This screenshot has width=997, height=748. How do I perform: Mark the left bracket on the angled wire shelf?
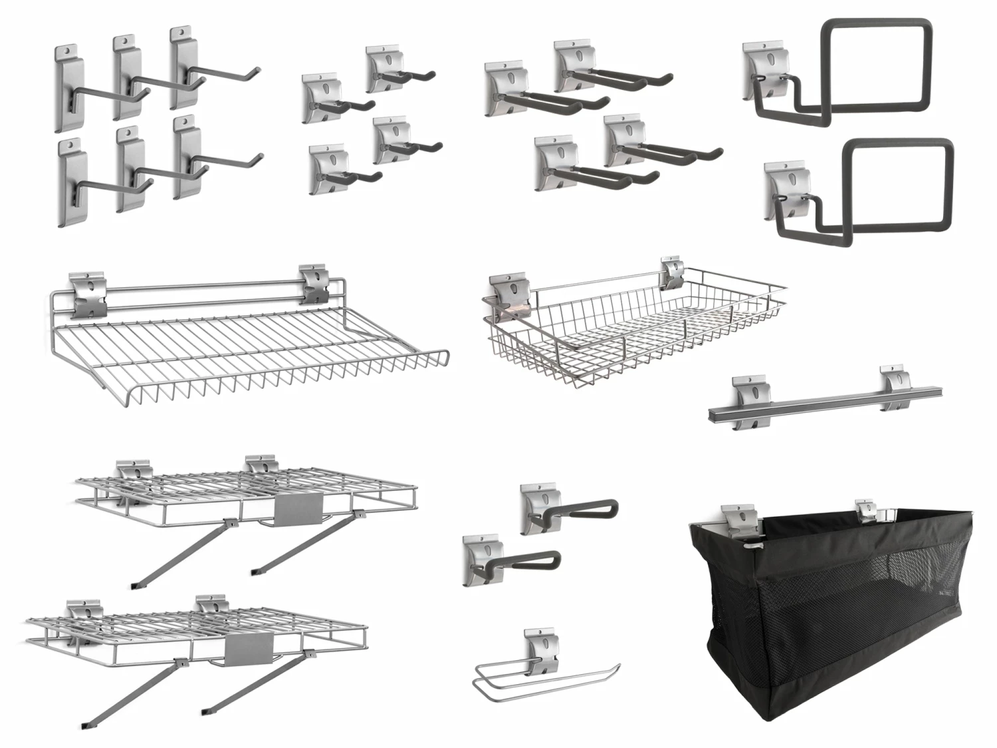(88, 293)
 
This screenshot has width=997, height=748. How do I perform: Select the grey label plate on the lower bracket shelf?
(249, 646)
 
